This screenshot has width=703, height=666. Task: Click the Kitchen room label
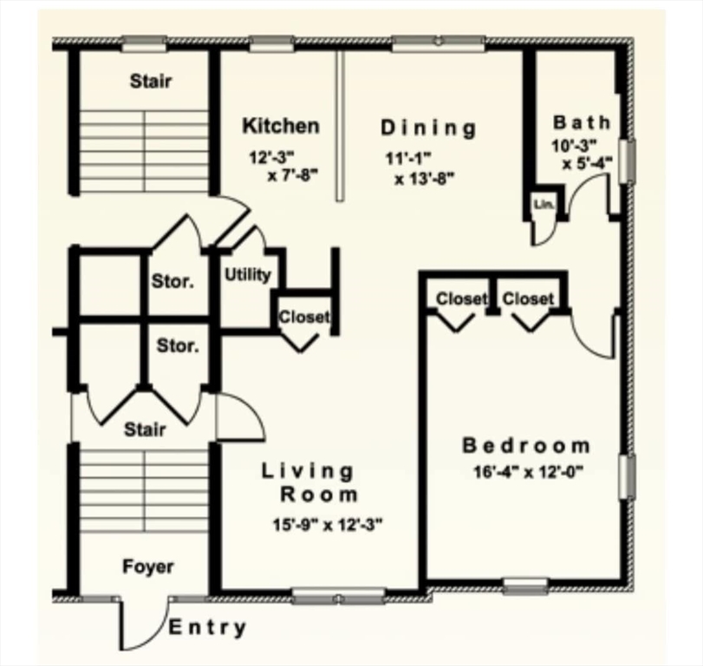pos(280,126)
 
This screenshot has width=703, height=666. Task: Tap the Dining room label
pos(428,128)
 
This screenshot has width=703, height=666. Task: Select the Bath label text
pos(581,122)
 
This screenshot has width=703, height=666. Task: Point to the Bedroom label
pos(526,446)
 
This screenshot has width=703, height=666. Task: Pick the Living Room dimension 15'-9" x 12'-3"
pos(327,524)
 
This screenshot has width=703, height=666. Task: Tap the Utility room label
pos(248,275)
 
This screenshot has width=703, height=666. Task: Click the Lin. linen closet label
pos(544,205)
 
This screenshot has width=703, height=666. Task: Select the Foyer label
pos(147,567)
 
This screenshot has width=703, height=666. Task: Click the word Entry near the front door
pos(207,628)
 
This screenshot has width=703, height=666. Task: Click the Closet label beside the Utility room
pos(303,317)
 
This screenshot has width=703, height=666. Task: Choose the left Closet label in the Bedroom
pos(461,299)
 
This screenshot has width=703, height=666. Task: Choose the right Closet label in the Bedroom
pos(528,299)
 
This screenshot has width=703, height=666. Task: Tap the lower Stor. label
pos(177,346)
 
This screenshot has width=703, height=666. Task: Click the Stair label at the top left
pos(150,82)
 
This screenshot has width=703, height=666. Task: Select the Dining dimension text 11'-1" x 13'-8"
pos(420,168)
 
